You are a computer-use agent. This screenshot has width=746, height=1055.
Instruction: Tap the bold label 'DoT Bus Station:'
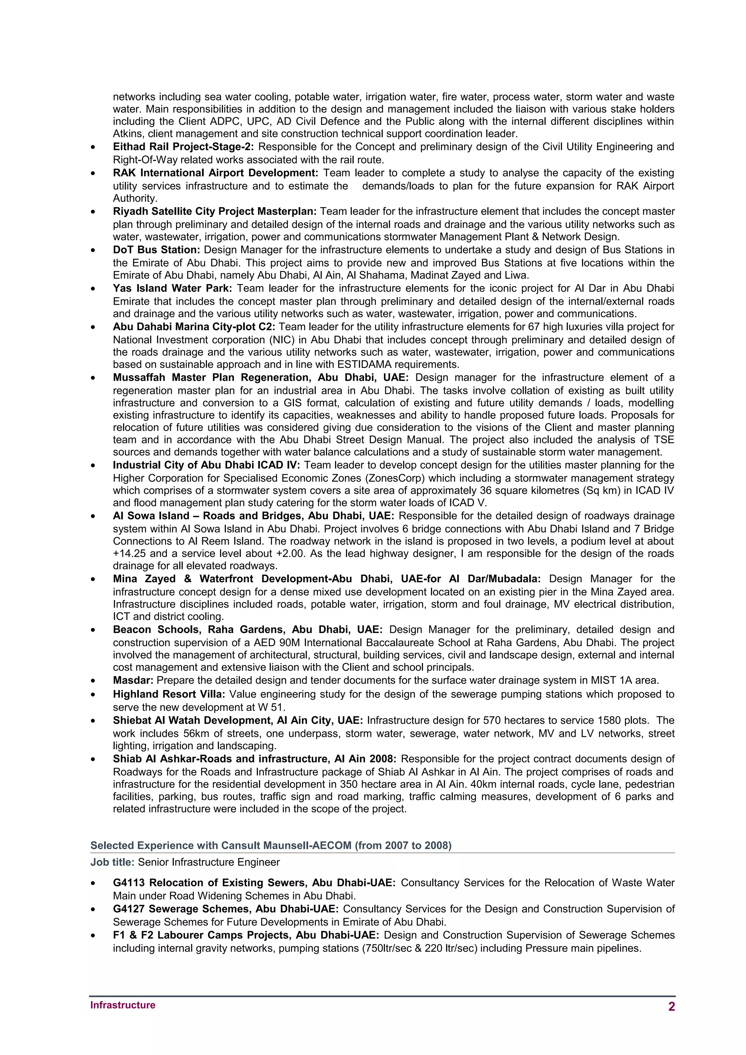point(156,250)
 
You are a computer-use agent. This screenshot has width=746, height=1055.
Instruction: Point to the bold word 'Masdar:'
point(133,680)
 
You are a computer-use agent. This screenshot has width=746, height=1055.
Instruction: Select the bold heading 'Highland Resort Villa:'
point(169,694)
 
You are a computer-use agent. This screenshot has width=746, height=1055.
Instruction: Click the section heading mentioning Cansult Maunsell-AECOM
point(271,845)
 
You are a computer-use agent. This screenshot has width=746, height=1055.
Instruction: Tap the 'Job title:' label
point(112,862)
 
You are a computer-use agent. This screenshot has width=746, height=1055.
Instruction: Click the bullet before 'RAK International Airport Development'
point(93,174)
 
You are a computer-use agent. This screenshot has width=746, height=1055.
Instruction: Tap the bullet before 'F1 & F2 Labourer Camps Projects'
point(93,936)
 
